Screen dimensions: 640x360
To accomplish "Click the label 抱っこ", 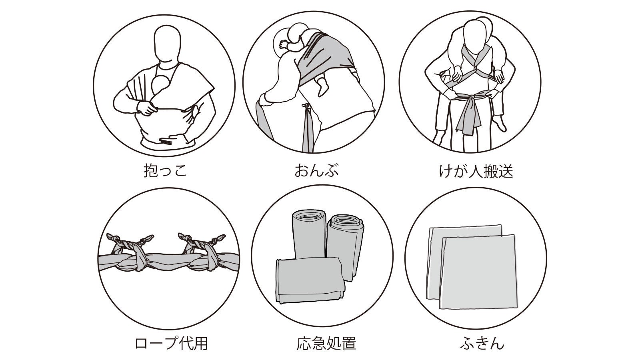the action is (165, 170).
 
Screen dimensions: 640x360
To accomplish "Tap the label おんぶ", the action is (316, 170).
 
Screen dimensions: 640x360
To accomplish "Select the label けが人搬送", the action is (476, 172).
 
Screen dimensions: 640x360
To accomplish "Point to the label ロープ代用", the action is (171, 343).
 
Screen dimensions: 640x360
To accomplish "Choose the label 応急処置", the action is (326, 343).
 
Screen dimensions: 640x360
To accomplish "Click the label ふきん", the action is (482, 343).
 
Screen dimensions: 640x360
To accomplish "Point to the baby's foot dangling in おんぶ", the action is (322, 86).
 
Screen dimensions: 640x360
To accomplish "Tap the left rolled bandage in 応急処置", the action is (309, 234).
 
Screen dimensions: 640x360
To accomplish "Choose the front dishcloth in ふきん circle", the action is (478, 272).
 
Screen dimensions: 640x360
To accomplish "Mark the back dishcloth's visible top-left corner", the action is (430, 228).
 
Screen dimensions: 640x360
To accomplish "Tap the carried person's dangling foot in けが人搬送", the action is (500, 124).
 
